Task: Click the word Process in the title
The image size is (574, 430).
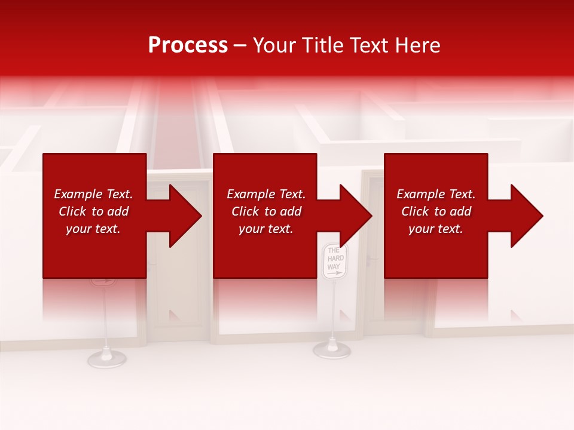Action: [x=188, y=45]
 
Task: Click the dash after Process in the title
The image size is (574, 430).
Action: [x=240, y=46]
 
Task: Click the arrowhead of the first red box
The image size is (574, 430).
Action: [x=182, y=216]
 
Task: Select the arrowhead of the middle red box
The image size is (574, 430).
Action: [x=353, y=216]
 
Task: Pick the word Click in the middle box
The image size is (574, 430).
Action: [x=246, y=211]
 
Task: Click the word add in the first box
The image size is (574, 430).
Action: [x=118, y=211]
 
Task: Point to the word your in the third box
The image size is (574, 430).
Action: [x=421, y=229]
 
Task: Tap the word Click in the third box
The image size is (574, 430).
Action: [x=416, y=211]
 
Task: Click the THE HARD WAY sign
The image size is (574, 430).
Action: [x=334, y=261]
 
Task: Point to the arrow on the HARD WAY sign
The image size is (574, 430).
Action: [x=335, y=273]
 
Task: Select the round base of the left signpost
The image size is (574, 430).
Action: [x=106, y=358]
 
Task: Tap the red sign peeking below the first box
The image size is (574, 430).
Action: [x=103, y=281]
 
